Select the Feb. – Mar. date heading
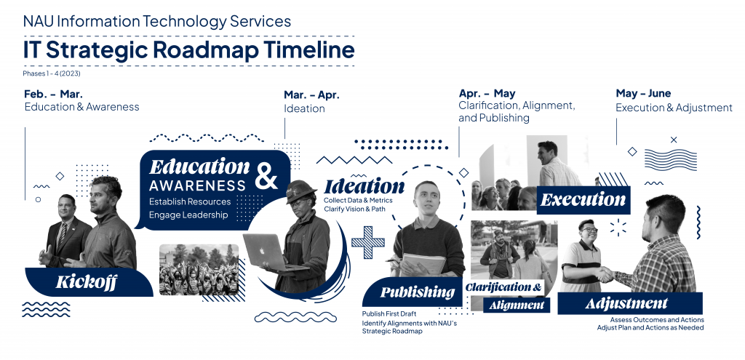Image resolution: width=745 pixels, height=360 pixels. tap(53, 95)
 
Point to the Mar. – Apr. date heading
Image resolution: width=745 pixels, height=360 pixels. tap(311, 95)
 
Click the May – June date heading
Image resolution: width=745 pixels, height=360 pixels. tap(643, 93)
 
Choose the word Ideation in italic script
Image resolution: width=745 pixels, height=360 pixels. tap(364, 186)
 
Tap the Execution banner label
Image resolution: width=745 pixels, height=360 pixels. tap(583, 199)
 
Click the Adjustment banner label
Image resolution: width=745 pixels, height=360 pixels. tap(626, 303)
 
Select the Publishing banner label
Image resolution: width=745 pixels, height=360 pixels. tap(417, 292)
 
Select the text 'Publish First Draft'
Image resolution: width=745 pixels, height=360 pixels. tap(389, 313)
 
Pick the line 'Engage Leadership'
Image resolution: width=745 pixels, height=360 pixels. tap(188, 215)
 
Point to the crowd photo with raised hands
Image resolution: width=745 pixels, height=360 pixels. tap(199, 268)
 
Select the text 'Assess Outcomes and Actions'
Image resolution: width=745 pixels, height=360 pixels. tap(657, 319)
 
